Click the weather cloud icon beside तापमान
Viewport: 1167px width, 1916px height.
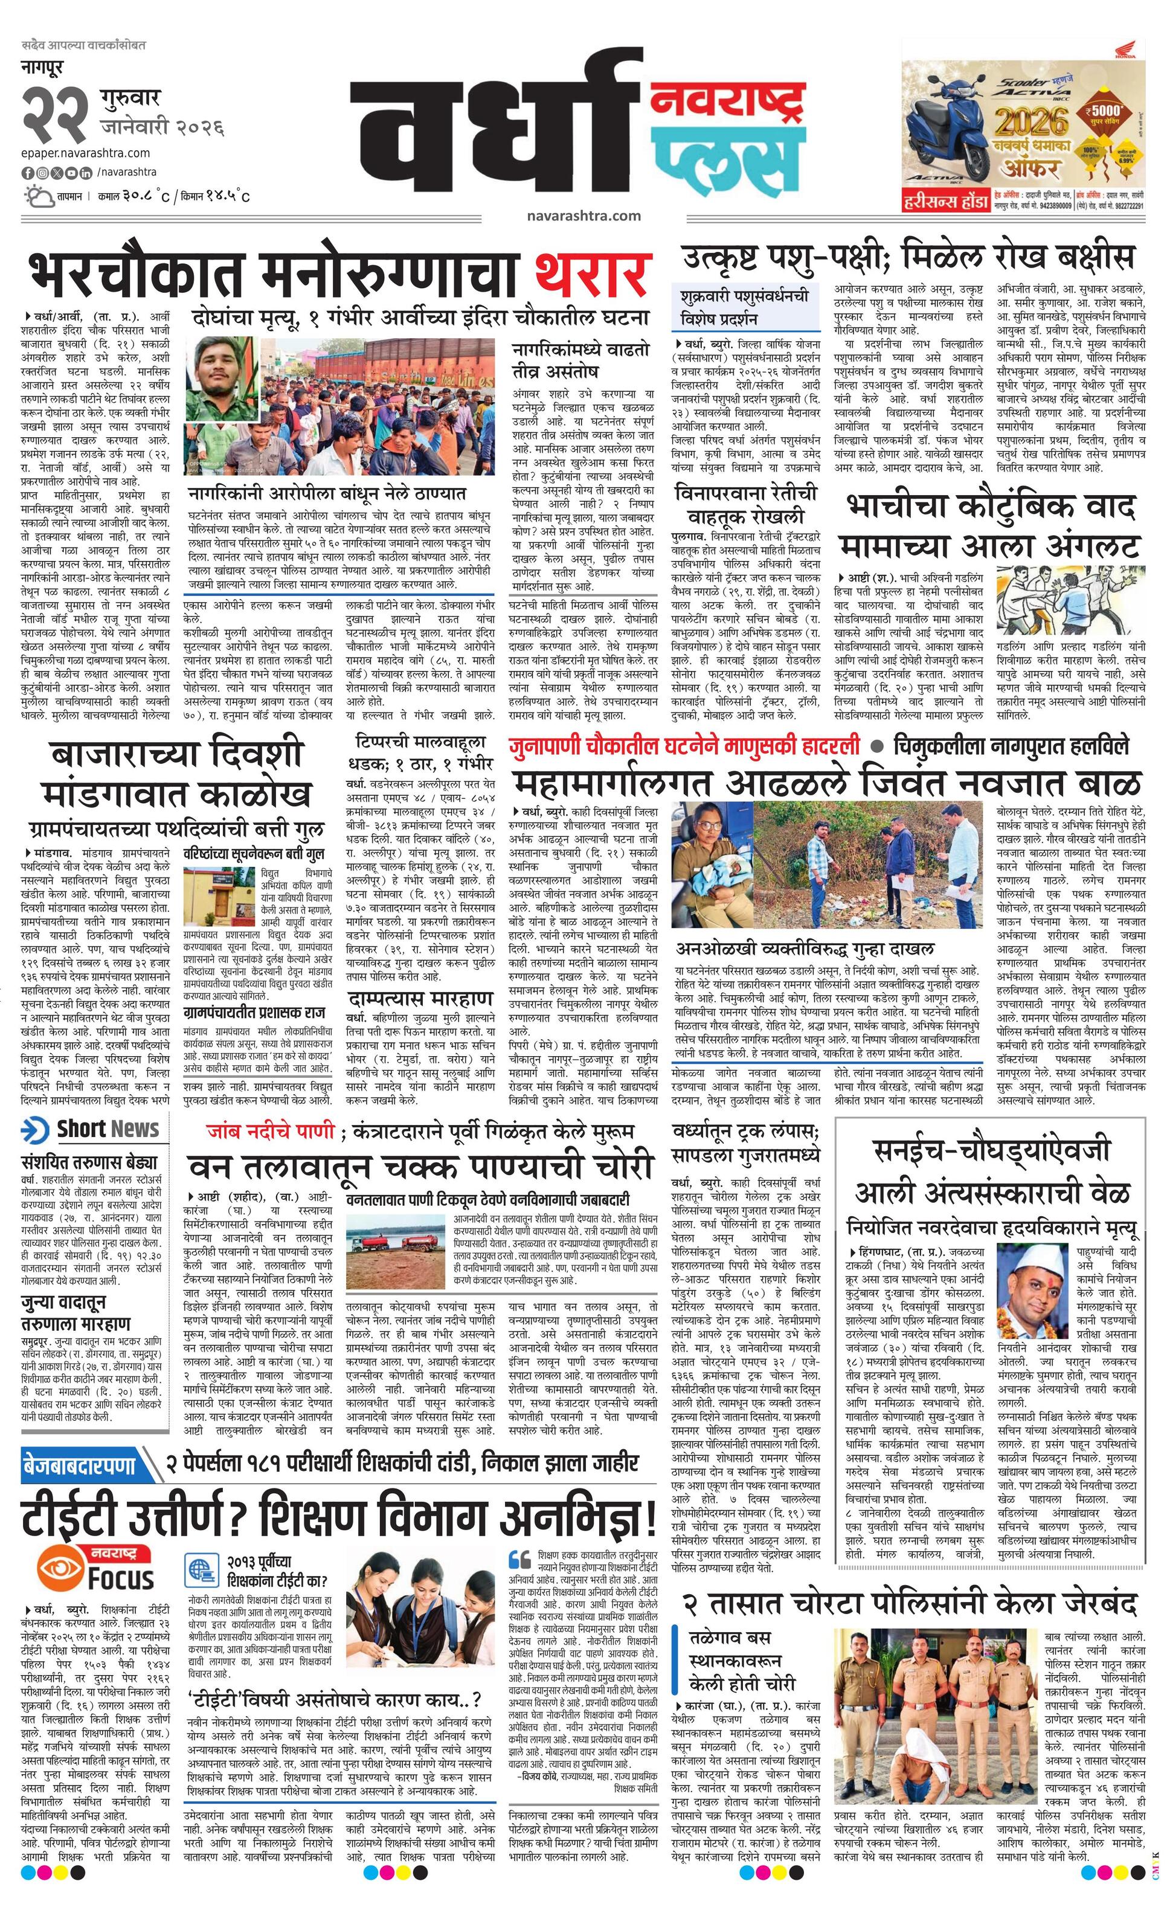[x=37, y=194]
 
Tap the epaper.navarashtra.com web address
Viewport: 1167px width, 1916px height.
[x=86, y=153]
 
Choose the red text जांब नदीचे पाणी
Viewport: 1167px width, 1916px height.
[x=271, y=1130]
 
